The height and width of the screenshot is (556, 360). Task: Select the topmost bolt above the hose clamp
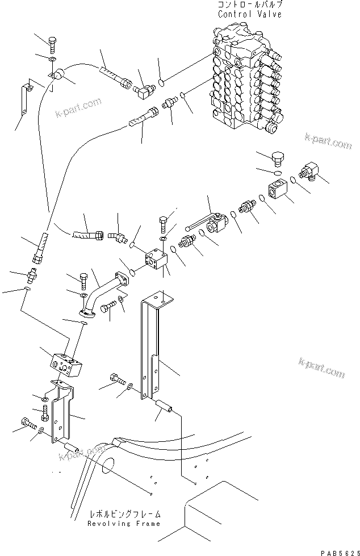52,44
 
